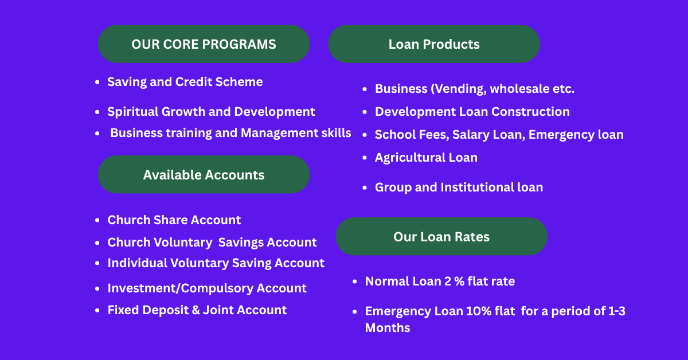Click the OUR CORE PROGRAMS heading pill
point(204,44)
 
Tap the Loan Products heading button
point(434,44)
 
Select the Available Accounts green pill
point(204,174)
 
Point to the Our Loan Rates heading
point(441,236)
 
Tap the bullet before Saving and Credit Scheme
point(97,82)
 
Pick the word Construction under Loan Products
point(530,112)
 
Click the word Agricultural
point(410,158)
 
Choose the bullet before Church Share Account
point(97,220)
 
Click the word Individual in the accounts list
point(137,263)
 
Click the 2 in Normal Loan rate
point(448,281)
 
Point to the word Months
point(388,328)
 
